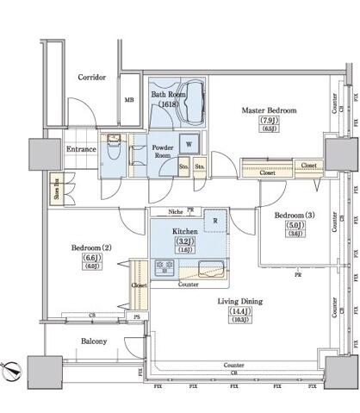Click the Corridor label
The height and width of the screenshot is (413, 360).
(91, 77)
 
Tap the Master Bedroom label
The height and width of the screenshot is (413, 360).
(269, 110)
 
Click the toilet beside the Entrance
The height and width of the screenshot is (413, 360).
(113, 147)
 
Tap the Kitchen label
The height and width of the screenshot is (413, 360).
(185, 232)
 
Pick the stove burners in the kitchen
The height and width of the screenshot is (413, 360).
(163, 267)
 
